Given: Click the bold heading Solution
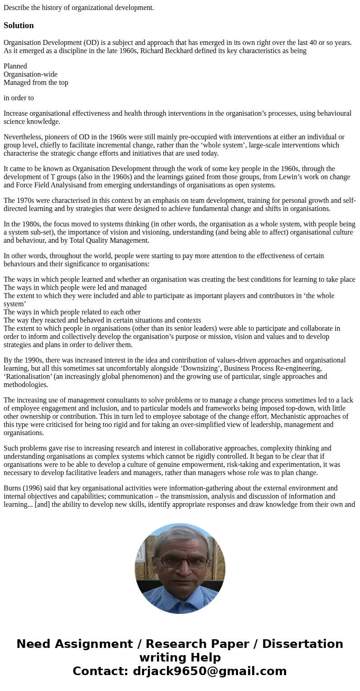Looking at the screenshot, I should tap(19, 25).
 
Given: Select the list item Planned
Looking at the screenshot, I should tap(15, 66).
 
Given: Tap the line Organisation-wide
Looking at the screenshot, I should tap(30, 74).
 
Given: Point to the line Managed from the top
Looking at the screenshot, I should tap(36, 83).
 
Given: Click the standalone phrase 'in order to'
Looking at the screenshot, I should tap(19, 98).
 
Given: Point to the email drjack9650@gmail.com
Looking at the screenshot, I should tap(209, 671).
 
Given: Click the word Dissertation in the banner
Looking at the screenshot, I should tap(302, 644).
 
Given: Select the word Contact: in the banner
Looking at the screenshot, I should tap(100, 671).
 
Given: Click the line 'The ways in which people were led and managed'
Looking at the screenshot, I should tap(75, 288).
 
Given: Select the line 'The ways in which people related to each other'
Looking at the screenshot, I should tap(72, 312).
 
